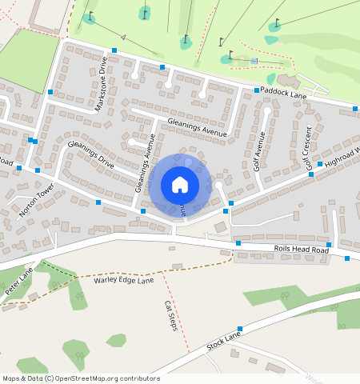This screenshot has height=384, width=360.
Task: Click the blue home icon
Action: (180, 185)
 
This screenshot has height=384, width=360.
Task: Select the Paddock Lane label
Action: (282, 94)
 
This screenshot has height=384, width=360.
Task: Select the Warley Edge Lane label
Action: (123, 281)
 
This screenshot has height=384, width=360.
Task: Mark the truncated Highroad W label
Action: (342, 157)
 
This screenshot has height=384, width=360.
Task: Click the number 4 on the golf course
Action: (124, 37)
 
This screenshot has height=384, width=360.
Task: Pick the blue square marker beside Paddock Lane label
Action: (257, 90)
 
